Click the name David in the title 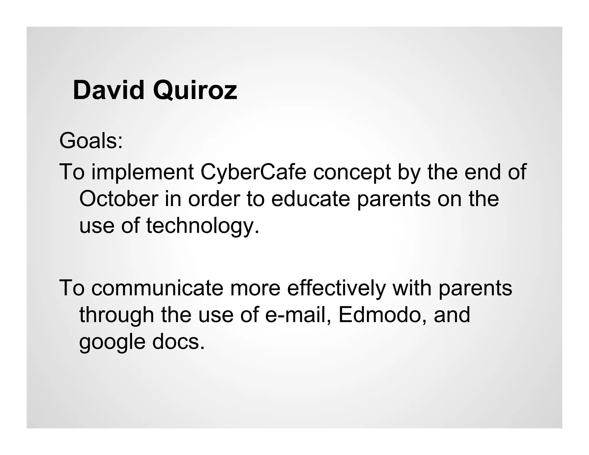pyautogui.click(x=108, y=90)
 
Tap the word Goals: pyautogui.click(x=91, y=141)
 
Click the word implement pyautogui.click(x=143, y=172)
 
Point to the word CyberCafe pyautogui.click(x=253, y=172)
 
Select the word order pyautogui.click(x=214, y=199)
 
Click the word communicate pyautogui.click(x=157, y=288)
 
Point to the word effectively pyautogui.click(x=336, y=288)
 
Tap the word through pyautogui.click(x=117, y=315)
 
